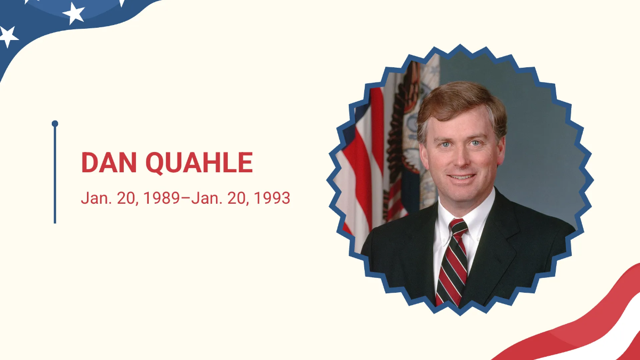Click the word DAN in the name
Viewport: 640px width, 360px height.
[x=109, y=162]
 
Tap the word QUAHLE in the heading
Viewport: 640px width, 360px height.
[x=199, y=163]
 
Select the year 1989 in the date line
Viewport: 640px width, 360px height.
[x=162, y=198]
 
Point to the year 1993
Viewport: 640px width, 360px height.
[x=272, y=198]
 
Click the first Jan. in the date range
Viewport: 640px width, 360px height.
[x=97, y=198]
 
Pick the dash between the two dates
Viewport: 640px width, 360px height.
[x=186, y=198]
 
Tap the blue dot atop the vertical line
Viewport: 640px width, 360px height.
[x=55, y=123]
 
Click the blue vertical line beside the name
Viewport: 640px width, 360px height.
[x=55, y=175]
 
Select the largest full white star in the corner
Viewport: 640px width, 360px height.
[x=74, y=13]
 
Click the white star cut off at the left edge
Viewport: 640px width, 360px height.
[x=8, y=36]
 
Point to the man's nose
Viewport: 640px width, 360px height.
[x=461, y=158]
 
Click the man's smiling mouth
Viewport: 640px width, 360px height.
[x=462, y=177]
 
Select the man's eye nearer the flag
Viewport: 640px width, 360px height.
[x=445, y=145]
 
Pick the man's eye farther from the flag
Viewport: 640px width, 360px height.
[x=475, y=143]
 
